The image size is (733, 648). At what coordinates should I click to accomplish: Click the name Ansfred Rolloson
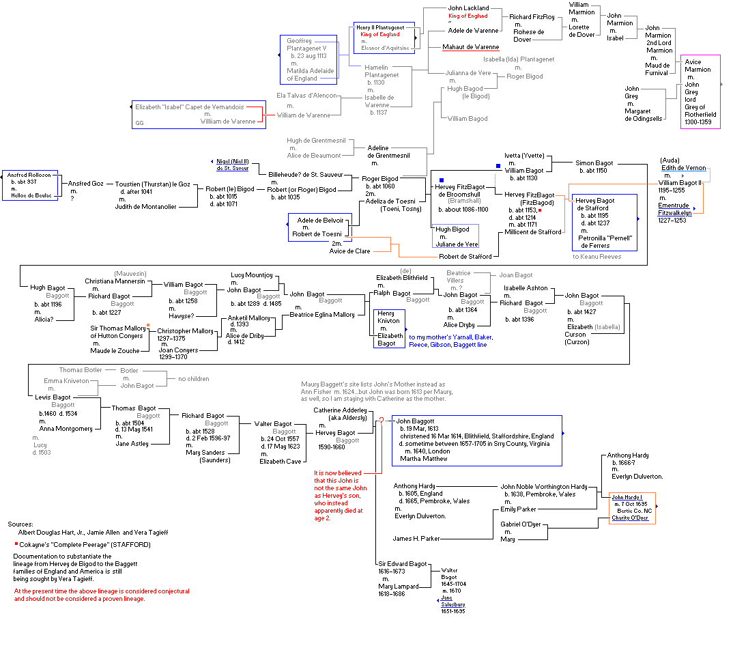click(x=29, y=175)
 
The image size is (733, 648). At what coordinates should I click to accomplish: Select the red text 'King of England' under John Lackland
click(x=468, y=16)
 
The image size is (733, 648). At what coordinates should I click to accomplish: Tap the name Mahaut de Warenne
click(x=470, y=47)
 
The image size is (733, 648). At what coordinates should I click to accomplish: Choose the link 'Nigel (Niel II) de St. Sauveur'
click(x=232, y=165)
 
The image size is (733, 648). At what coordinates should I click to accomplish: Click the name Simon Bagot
click(x=594, y=163)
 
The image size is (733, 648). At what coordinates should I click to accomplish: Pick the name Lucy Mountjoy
click(x=251, y=274)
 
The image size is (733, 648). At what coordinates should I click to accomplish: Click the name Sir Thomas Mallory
click(x=117, y=328)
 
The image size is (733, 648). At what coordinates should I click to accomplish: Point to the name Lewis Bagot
click(x=53, y=397)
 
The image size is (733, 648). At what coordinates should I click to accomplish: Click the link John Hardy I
click(x=627, y=496)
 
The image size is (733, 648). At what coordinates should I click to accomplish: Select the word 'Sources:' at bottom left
click(x=20, y=524)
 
